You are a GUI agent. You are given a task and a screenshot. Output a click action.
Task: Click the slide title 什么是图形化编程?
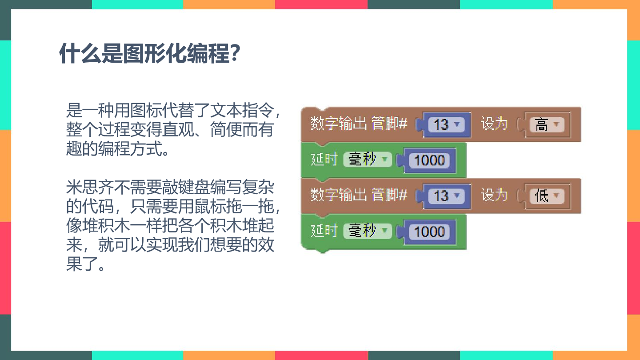point(149,53)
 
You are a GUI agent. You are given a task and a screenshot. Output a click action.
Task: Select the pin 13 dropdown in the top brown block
point(446,124)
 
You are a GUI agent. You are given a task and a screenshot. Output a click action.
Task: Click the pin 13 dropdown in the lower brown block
point(446,196)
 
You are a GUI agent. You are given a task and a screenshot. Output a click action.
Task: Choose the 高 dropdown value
point(547,124)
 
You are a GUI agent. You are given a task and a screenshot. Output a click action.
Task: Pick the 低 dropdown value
point(547,196)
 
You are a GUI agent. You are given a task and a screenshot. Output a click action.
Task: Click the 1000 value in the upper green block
point(429,160)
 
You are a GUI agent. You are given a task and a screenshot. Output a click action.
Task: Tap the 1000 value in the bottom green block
point(429,232)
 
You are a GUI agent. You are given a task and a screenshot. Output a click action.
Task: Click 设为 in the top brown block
point(494,124)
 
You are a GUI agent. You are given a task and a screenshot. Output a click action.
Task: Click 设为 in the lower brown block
point(494,196)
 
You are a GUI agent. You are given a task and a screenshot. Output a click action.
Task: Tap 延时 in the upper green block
point(324,159)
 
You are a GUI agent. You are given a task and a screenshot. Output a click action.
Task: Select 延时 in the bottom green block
point(324,231)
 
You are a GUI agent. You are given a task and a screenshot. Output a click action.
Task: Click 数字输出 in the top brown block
point(339,124)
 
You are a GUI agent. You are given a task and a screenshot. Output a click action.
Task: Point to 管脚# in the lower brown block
point(389,195)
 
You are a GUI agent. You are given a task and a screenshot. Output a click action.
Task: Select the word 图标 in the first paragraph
point(146,110)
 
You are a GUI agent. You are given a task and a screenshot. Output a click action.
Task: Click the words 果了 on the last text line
point(82,264)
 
